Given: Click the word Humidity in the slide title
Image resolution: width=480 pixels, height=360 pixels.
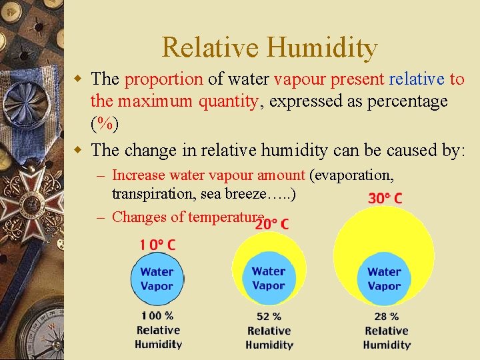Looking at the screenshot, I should point(323,48).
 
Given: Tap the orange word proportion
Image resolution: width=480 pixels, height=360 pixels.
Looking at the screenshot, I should point(163,79).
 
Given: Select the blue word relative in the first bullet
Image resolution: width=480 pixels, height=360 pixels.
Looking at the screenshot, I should point(416,79).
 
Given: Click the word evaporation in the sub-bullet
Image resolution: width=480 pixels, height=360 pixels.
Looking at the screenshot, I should point(353,175).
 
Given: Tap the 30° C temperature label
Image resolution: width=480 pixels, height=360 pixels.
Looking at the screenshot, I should point(385,198).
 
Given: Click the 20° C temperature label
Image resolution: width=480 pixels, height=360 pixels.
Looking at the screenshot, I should point(271,224).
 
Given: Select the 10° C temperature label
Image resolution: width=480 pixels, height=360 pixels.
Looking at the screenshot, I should point(157,245).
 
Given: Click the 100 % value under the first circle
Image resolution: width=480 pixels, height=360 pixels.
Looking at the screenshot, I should point(157,315).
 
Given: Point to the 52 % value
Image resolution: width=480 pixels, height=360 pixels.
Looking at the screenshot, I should point(269,317).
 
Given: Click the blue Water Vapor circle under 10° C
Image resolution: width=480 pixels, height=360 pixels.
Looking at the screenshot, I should point(157,279).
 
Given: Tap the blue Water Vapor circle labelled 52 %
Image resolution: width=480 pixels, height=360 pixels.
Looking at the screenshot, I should point(269,279).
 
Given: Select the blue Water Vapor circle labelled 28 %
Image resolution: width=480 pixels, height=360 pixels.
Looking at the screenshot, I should point(385,279).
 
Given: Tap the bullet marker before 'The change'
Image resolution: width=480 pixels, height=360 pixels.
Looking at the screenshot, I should point(79,150).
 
